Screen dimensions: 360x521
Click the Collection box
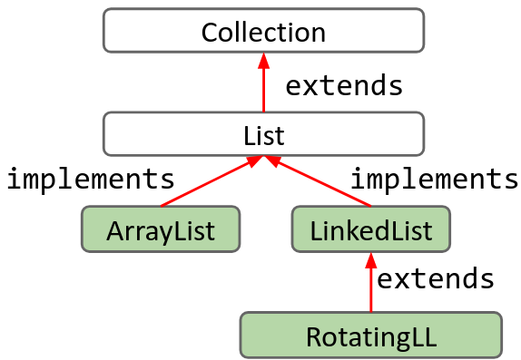pos(263,30)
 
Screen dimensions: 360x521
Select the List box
pos(263,134)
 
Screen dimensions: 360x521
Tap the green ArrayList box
pos(161,229)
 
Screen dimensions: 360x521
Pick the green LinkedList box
pos(370,229)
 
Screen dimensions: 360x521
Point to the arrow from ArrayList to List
pos(209,182)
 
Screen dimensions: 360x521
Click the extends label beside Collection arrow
pos(344,85)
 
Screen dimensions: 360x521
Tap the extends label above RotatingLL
pos(435,277)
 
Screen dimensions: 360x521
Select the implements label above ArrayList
pos(90,178)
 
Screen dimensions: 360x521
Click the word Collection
pos(263,33)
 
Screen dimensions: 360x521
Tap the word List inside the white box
pos(263,136)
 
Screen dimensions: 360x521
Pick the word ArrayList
pos(161,230)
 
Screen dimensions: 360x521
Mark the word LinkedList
pos(370,230)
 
